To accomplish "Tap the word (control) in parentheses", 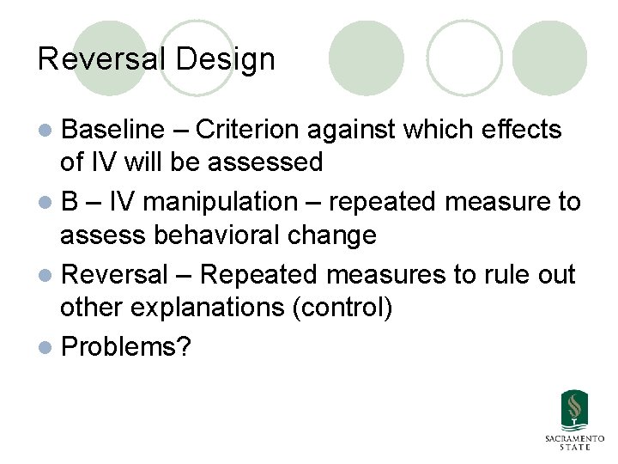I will click(343, 307).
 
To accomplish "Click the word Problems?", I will click(127, 346).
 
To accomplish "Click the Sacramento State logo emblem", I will click(574, 411).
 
